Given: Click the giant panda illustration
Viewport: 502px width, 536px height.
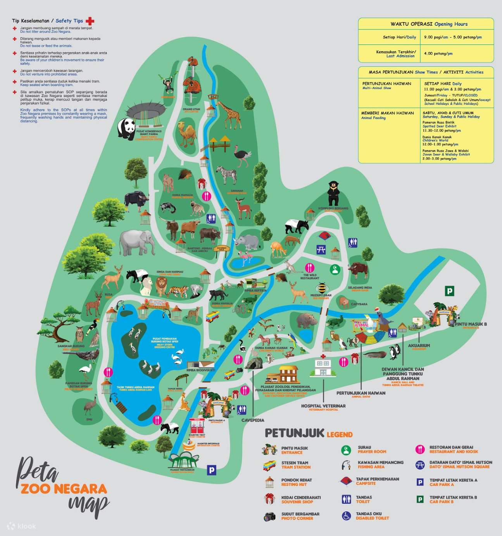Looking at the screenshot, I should (126, 128).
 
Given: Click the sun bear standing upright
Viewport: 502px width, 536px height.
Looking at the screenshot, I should (333, 193).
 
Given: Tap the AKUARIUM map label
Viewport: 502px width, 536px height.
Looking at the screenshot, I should (419, 345).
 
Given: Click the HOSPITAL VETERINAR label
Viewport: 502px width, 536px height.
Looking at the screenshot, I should (323, 406).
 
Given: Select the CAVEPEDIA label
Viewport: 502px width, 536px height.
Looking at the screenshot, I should (253, 420).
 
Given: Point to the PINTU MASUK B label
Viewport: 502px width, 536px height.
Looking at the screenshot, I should (471, 324).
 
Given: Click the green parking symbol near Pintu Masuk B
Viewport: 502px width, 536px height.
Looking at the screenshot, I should (449, 291).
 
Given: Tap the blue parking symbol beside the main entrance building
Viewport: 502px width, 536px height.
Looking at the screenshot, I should (212, 470).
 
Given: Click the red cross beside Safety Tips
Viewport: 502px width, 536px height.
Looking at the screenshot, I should (90, 21).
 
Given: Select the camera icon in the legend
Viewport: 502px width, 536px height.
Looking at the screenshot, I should (269, 517).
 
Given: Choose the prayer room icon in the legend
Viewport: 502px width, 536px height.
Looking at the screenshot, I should (346, 450).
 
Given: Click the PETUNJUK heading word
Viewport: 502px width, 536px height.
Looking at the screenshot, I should (294, 433).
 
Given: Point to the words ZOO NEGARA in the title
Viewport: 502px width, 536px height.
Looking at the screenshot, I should (64, 489).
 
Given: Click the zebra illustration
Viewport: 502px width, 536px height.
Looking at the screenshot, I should (227, 174).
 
